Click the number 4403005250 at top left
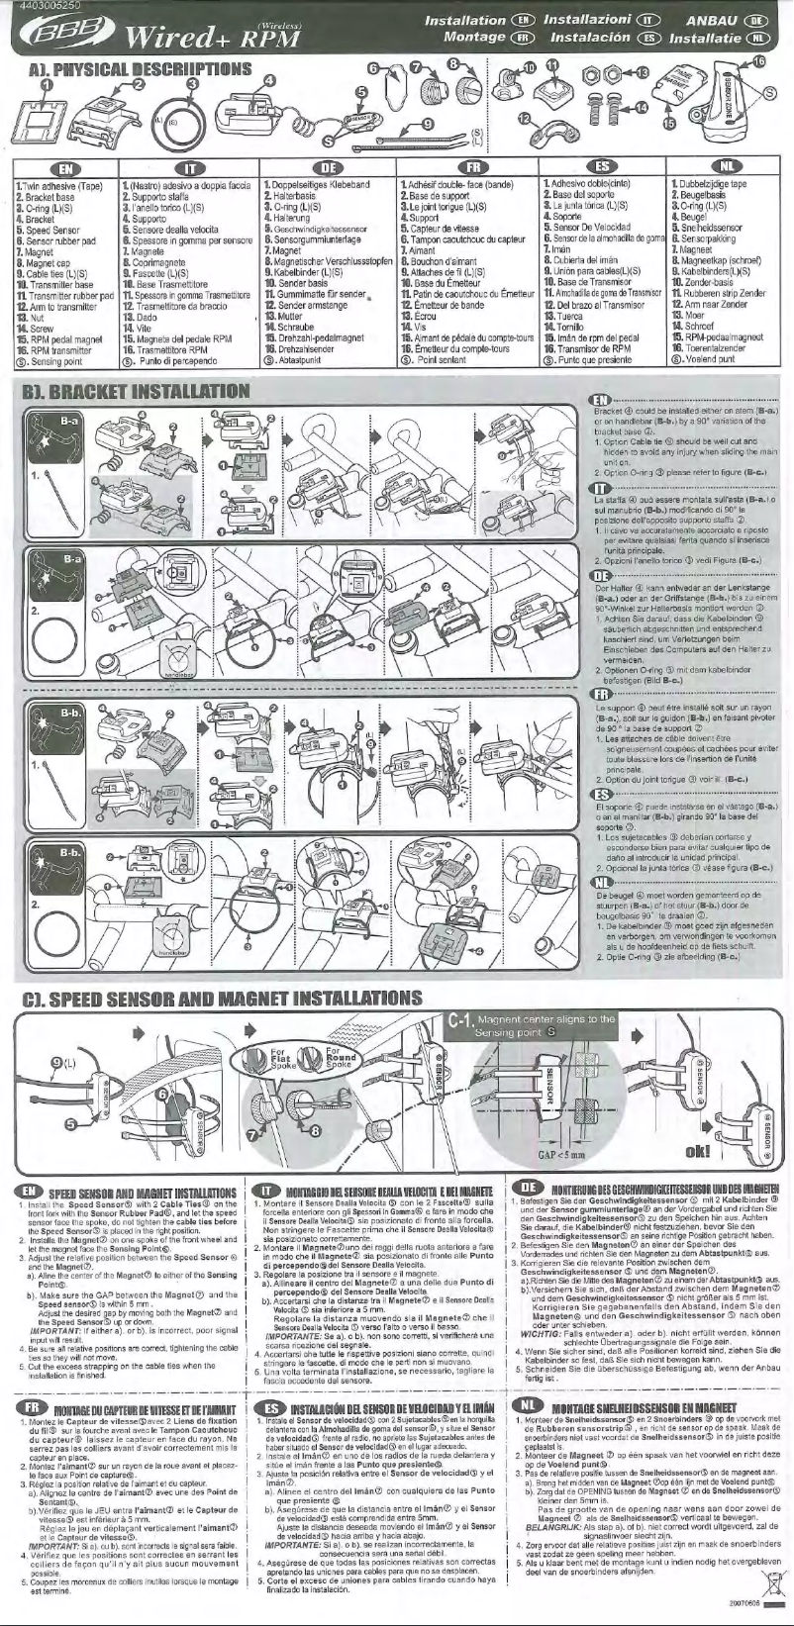coord(37,6)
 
